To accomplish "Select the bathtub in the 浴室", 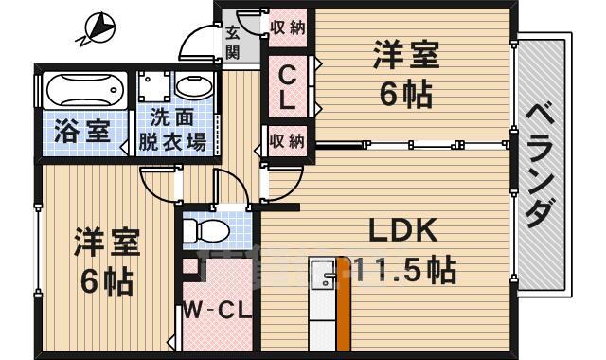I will (x=84, y=91).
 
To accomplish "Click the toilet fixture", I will (x=204, y=230).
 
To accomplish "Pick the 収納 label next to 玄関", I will (x=288, y=27).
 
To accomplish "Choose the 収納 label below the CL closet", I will (x=287, y=142).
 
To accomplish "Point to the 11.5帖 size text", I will (x=407, y=268).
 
